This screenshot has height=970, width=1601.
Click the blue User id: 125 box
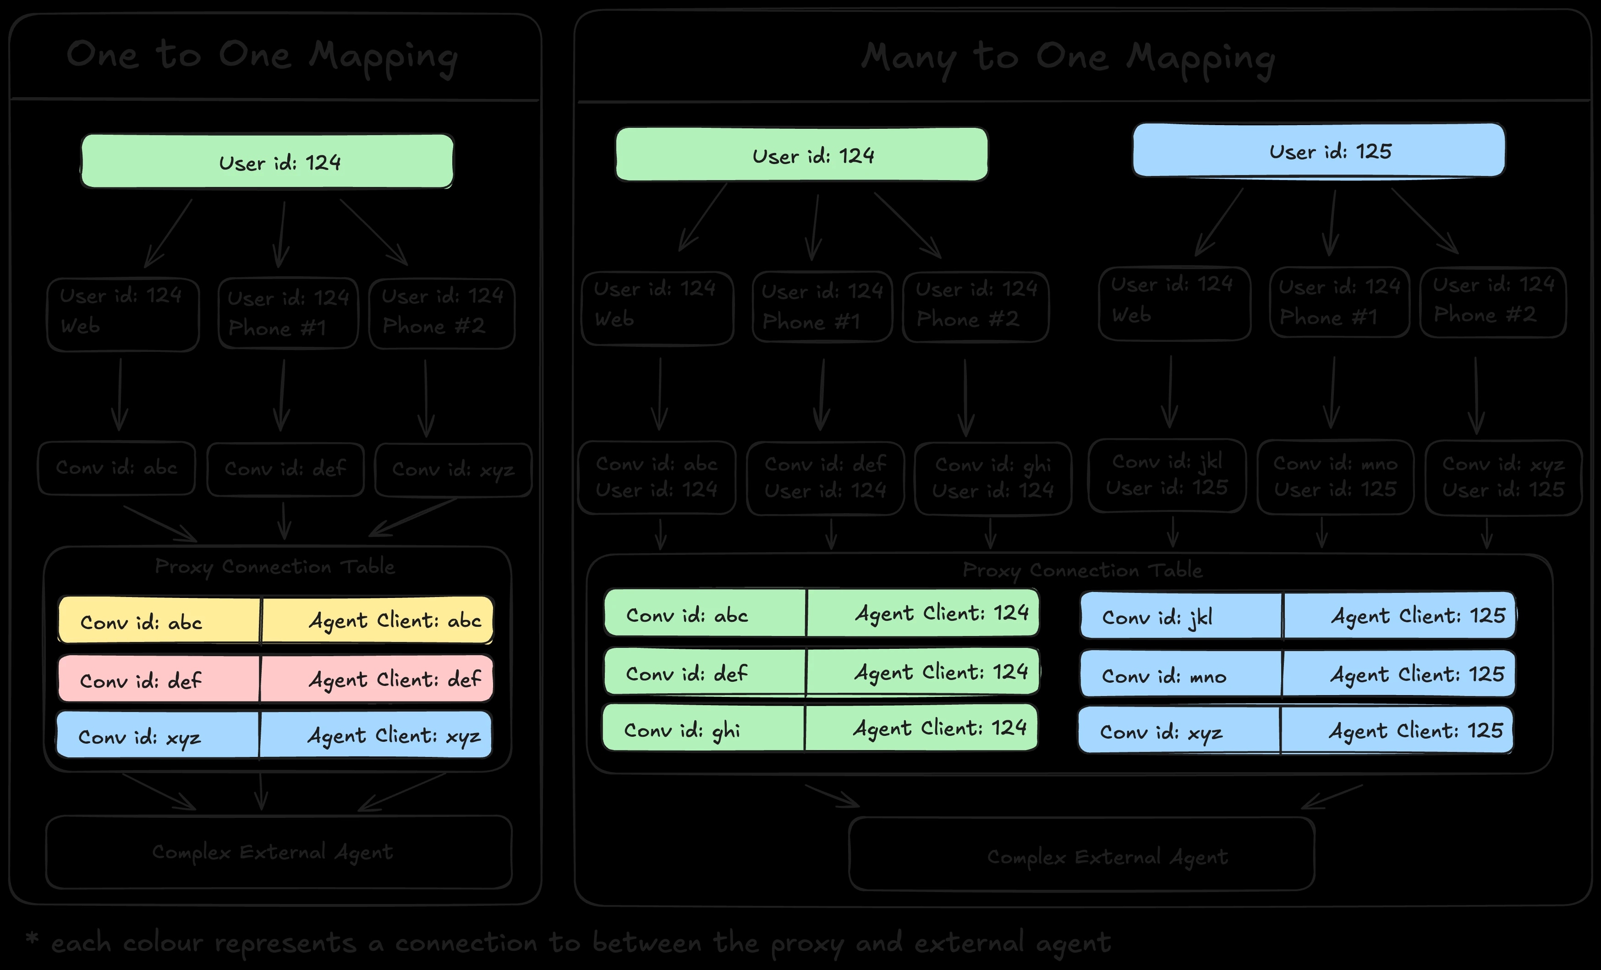1318,150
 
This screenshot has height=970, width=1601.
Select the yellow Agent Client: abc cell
377,620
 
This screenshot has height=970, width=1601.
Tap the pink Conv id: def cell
159,680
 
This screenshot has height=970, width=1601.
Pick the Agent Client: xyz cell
376,735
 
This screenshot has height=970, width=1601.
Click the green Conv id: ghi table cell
704,729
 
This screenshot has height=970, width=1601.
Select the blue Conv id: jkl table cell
1181,616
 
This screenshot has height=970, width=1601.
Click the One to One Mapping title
262,56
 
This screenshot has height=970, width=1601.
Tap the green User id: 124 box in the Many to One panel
801,154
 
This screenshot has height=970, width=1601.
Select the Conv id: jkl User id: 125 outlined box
1167,476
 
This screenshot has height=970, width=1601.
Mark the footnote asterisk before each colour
32,939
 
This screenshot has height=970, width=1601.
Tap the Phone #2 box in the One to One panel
442,313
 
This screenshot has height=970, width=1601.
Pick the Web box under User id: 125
1174,303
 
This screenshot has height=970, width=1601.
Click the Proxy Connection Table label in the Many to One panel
1082,570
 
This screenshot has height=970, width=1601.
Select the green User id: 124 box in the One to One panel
267,161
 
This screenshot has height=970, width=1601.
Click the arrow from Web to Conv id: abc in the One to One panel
120,395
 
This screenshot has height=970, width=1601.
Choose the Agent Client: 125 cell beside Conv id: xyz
1397,730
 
